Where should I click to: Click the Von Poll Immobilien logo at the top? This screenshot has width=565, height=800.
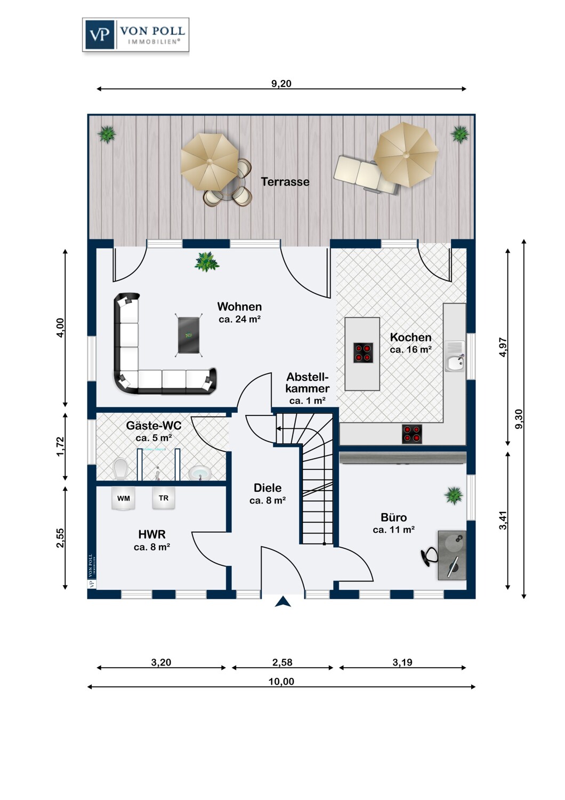pyautogui.click(x=135, y=35)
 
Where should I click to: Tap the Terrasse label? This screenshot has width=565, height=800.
pyautogui.click(x=285, y=182)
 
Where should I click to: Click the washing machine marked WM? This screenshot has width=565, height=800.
pyautogui.click(x=124, y=498)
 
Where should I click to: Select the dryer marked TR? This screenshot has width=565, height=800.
pyautogui.click(x=164, y=498)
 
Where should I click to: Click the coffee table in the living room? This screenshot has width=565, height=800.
pyautogui.click(x=189, y=335)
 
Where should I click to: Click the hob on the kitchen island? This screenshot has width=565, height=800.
pyautogui.click(x=364, y=353)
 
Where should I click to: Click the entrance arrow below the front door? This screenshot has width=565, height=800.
pyautogui.click(x=283, y=602)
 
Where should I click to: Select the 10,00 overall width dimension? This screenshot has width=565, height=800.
pyautogui.click(x=281, y=682)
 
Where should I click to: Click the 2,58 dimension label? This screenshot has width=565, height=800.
pyautogui.click(x=282, y=662)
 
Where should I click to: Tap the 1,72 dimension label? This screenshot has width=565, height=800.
pyautogui.click(x=60, y=446)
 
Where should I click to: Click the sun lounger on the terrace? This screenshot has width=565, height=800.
pyautogui.click(x=366, y=174)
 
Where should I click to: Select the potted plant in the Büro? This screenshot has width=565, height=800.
pyautogui.click(x=454, y=496)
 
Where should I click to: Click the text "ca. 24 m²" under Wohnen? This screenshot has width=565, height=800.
pyautogui.click(x=239, y=319)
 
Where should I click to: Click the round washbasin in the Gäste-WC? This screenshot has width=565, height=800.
pyautogui.click(x=200, y=473)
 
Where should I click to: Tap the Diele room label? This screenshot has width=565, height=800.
pyautogui.click(x=268, y=488)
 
